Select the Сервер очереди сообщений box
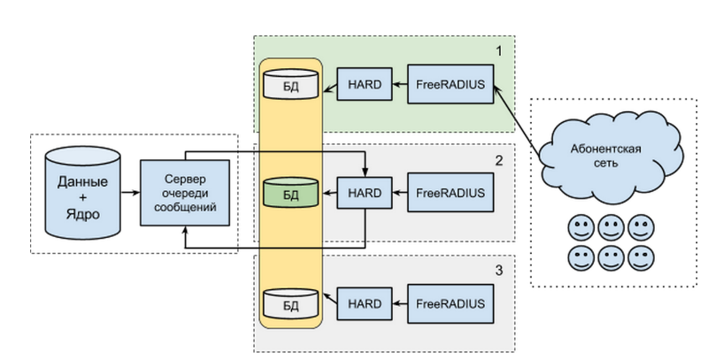click(x=186, y=192)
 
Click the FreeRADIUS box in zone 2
click(x=450, y=192)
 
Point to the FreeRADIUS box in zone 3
click(x=450, y=303)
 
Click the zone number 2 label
click(x=499, y=160)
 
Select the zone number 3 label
click(x=499, y=272)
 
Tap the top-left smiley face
click(x=581, y=229)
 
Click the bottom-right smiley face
click(x=640, y=258)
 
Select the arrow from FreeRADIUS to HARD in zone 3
click(x=396, y=303)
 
